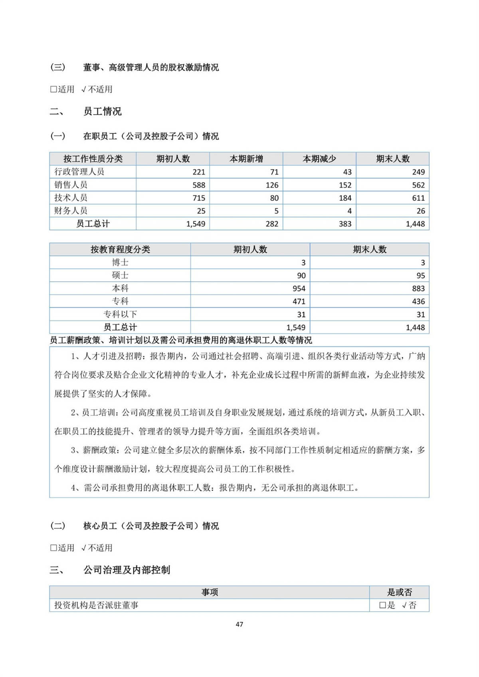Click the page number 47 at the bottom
click(239, 624)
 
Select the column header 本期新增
click(246, 159)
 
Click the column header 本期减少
click(319, 159)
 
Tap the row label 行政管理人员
click(79, 172)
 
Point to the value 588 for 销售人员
click(198, 185)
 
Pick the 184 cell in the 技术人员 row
click(345, 198)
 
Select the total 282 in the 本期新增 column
click(272, 224)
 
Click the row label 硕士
click(120, 275)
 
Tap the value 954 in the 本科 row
click(299, 289)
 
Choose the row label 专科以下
click(120, 315)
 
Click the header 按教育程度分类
click(120, 249)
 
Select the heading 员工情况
click(102, 111)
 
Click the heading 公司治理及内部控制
click(127, 570)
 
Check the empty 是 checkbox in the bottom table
click(382, 605)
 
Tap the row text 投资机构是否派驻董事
click(96, 605)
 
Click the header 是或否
click(399, 592)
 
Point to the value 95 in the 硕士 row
click(420, 275)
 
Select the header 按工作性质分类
click(93, 159)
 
